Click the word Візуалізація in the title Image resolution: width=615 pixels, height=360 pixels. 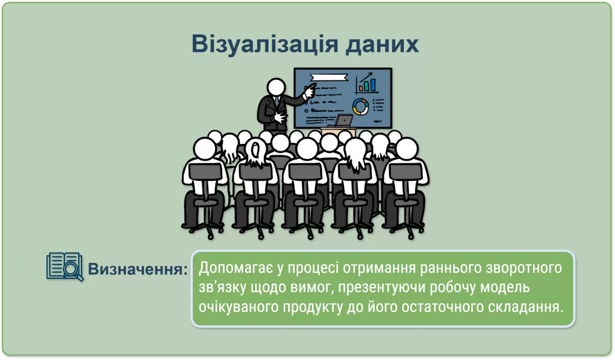[x=264, y=44]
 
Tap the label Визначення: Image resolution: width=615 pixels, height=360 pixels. [x=138, y=269]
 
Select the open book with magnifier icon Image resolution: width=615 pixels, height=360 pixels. [x=65, y=267]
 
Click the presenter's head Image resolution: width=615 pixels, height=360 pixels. [x=276, y=87]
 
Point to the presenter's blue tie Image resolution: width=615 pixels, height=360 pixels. [x=277, y=101]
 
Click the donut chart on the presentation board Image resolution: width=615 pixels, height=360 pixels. [x=360, y=107]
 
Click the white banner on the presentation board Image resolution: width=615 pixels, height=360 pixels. [x=329, y=78]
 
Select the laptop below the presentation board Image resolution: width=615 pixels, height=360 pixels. [x=342, y=121]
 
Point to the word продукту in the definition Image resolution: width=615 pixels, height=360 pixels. [x=313, y=307]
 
